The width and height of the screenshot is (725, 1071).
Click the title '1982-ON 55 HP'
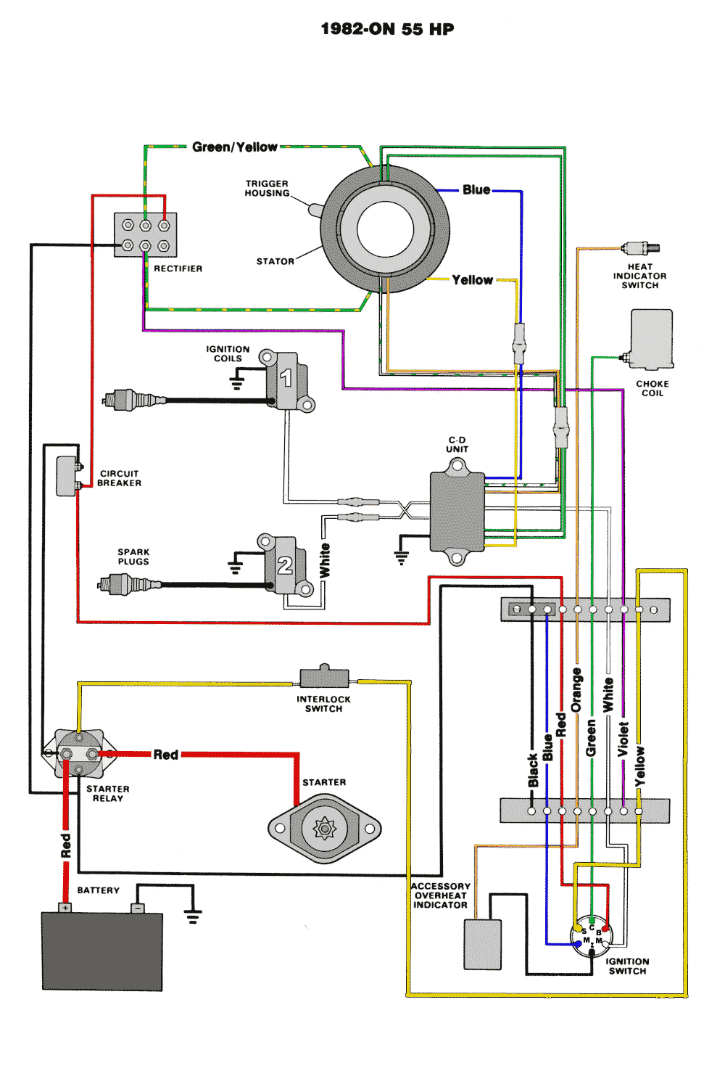coord(387,29)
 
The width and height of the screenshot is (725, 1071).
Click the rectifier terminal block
coord(146,235)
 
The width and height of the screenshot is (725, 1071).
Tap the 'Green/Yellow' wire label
coord(234,147)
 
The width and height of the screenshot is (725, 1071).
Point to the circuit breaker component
coord(67,476)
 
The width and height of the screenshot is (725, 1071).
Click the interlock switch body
coord(324,677)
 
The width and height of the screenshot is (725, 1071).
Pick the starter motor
coord(324,828)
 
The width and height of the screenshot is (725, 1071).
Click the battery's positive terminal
coord(65,908)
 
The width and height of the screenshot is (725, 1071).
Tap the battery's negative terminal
coord(137,908)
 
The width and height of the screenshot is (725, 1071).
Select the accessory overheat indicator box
coord(482,944)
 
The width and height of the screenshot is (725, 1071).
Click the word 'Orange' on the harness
coord(576,690)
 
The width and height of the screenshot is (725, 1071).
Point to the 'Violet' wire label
coord(623,739)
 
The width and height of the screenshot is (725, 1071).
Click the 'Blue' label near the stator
coord(476,190)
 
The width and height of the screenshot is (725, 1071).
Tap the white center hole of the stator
coord(385,229)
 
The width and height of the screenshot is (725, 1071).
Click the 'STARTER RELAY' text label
coord(108,793)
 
